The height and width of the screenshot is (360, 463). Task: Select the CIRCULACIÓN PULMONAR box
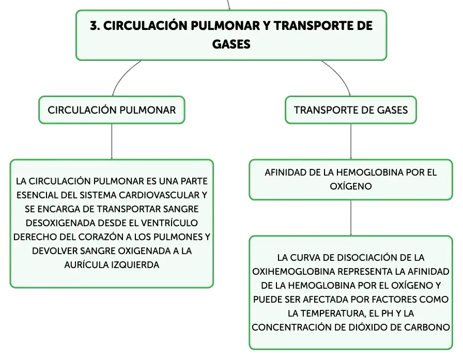click(112, 110)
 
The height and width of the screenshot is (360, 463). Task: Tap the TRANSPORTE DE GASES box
click(351, 110)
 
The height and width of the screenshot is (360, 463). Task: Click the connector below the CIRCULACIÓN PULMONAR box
click(112, 142)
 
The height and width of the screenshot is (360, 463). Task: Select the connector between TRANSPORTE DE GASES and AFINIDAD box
click(351, 142)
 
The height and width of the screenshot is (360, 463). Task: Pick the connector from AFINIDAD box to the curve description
click(351, 218)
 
